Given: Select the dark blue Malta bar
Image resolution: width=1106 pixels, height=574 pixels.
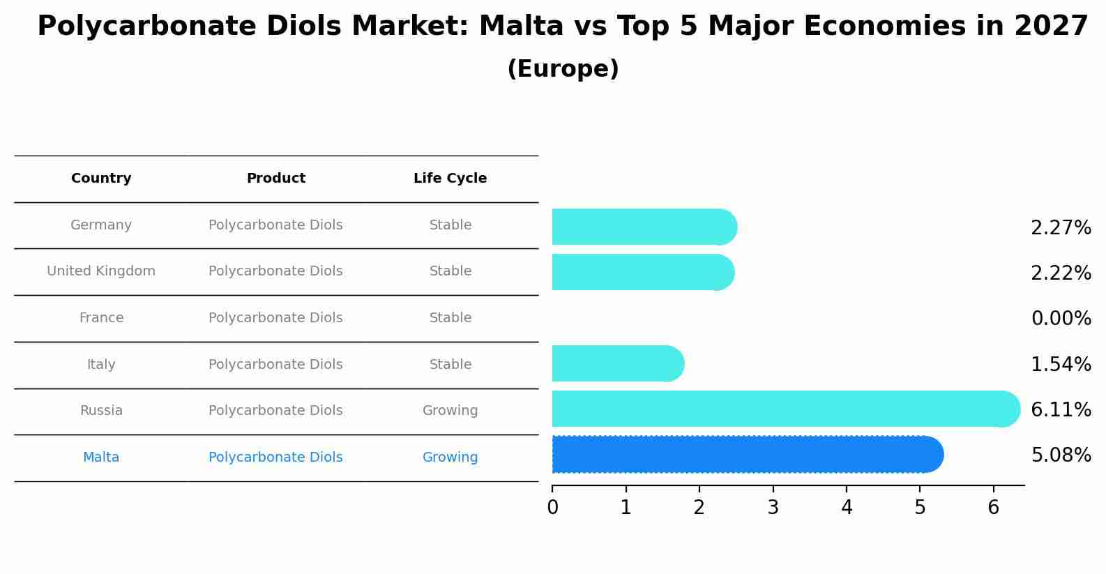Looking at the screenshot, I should [746, 455].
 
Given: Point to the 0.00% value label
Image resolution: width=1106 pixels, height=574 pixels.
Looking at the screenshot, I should [1061, 319].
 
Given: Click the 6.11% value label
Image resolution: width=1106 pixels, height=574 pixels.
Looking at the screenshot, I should [1061, 409].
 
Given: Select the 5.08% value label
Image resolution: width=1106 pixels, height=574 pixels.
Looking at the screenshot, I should [1061, 455].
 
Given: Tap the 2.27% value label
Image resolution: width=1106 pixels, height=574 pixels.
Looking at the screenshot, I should [1061, 228].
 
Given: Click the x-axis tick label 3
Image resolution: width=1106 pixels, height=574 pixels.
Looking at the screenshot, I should [773, 508].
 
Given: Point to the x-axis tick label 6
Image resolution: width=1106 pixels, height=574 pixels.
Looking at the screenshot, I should [994, 508].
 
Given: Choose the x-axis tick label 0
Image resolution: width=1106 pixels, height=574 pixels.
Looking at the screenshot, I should [552, 508].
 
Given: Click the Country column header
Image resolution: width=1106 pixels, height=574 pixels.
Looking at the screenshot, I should [101, 179].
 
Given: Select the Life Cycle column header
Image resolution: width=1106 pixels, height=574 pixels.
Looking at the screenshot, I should [450, 179].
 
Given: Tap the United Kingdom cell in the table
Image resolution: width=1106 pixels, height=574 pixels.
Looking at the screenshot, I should [101, 271].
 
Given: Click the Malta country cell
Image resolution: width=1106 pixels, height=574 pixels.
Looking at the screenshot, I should [101, 458].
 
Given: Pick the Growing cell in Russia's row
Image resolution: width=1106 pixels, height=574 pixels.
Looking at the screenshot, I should [450, 411].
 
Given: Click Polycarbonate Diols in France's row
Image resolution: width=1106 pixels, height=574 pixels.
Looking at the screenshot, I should [275, 318].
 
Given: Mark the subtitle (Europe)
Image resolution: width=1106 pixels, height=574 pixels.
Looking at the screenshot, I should [563, 69].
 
